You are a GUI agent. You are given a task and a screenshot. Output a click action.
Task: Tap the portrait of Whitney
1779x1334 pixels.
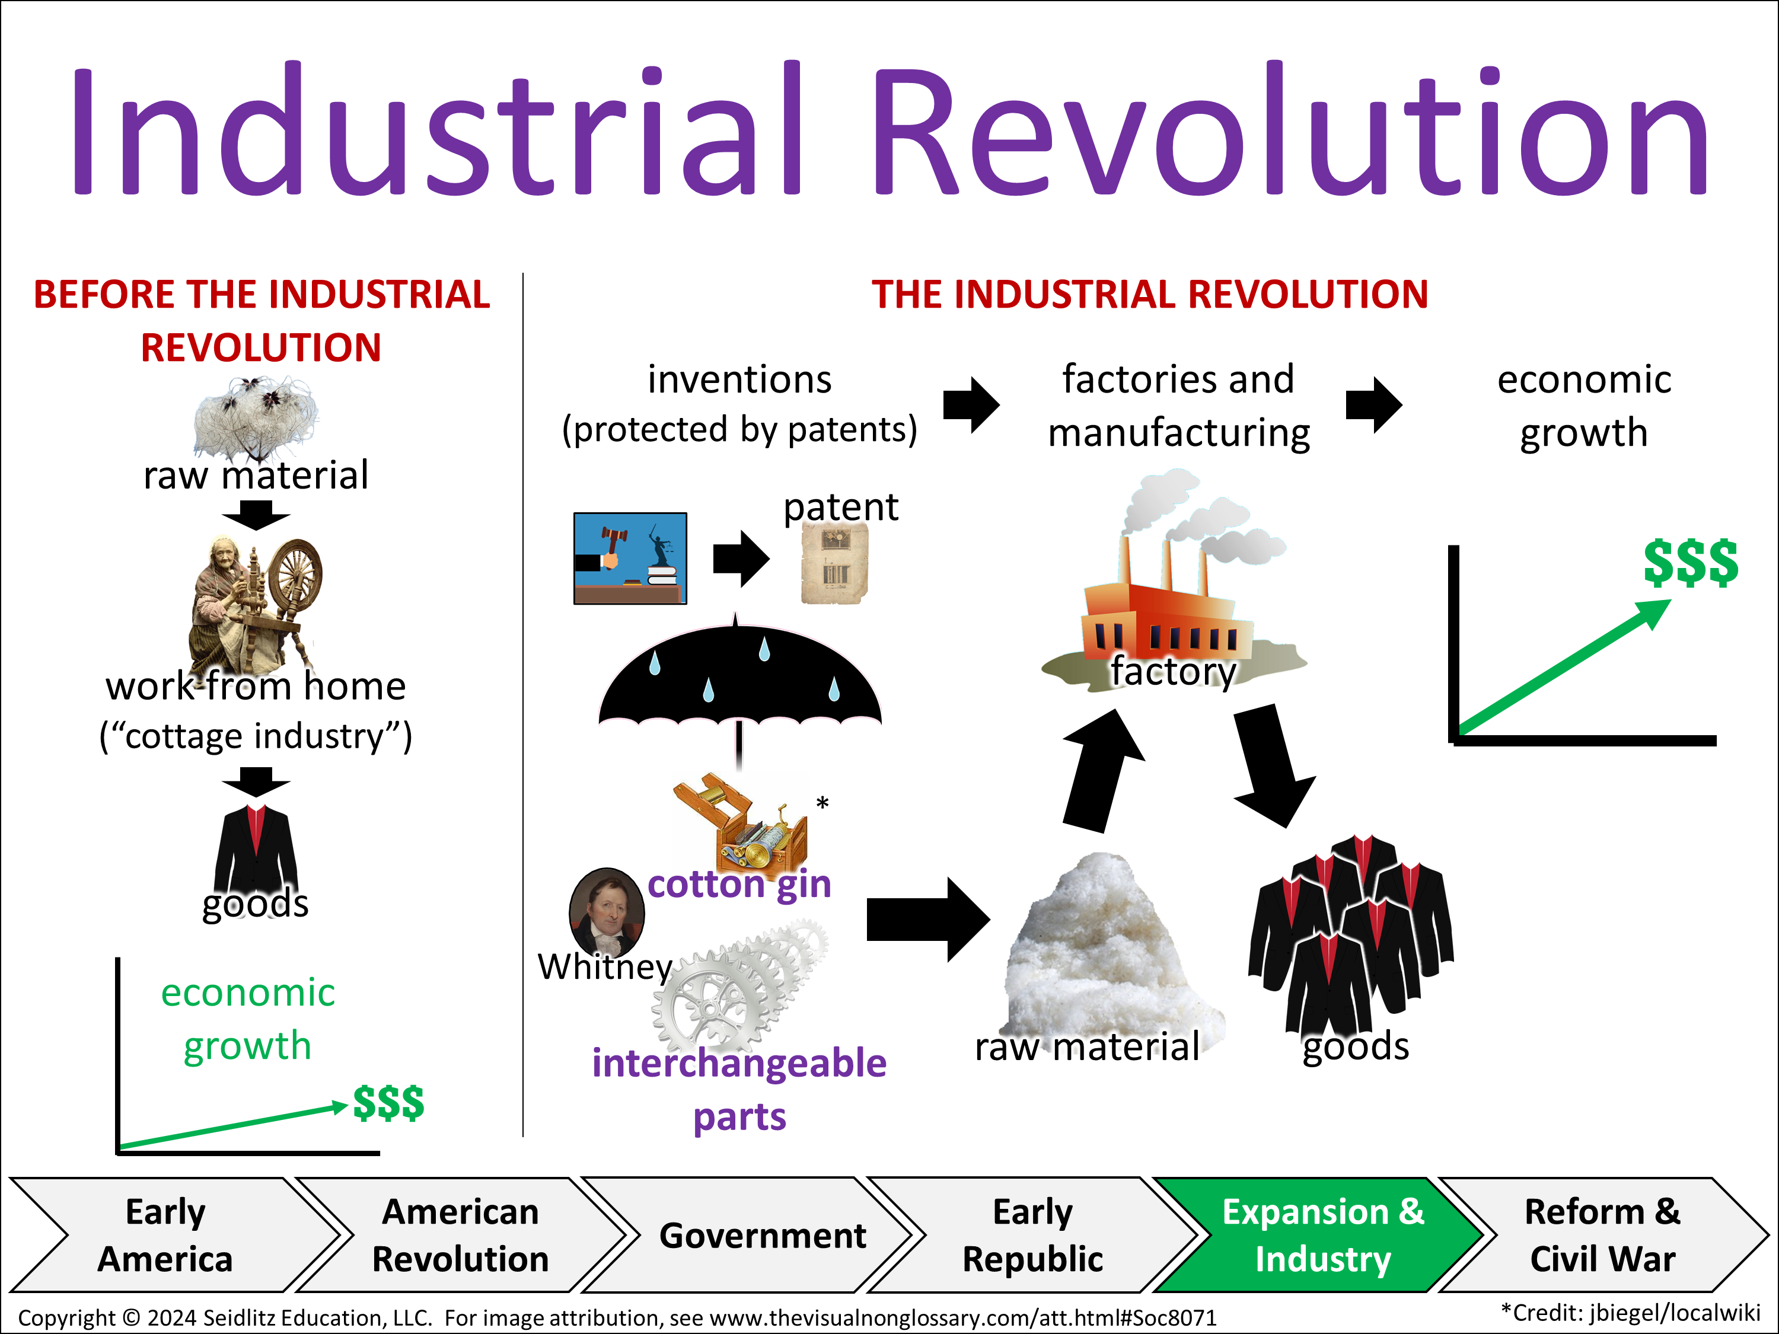607,911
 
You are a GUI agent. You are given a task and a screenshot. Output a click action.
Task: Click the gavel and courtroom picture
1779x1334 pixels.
630,558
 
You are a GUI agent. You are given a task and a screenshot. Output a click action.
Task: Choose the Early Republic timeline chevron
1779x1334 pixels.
1032,1235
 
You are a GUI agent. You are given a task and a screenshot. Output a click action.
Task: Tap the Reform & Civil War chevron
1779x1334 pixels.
1603,1235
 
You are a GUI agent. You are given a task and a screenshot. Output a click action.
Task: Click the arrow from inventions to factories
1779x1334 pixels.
971,404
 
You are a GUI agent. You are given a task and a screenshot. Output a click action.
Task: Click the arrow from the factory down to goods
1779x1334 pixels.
1273,766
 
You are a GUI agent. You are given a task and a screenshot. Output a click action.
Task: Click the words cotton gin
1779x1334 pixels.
739,885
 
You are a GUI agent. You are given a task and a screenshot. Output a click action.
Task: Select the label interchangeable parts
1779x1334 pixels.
739,1090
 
